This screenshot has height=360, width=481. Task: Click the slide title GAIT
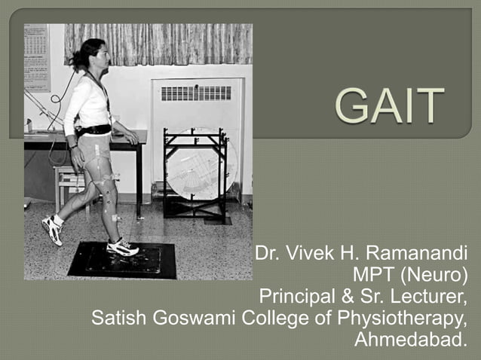pyautogui.click(x=390, y=106)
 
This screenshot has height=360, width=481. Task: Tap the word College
pyautogui.click(x=268, y=318)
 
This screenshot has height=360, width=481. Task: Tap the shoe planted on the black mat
pyautogui.click(x=122, y=246)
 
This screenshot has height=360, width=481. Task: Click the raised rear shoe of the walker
pyautogui.click(x=52, y=229)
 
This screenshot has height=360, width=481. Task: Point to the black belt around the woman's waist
pyautogui.click(x=93, y=130)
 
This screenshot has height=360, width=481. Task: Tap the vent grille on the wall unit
pyautogui.click(x=195, y=93)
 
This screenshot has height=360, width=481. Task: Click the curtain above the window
pyautogui.click(x=166, y=43)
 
